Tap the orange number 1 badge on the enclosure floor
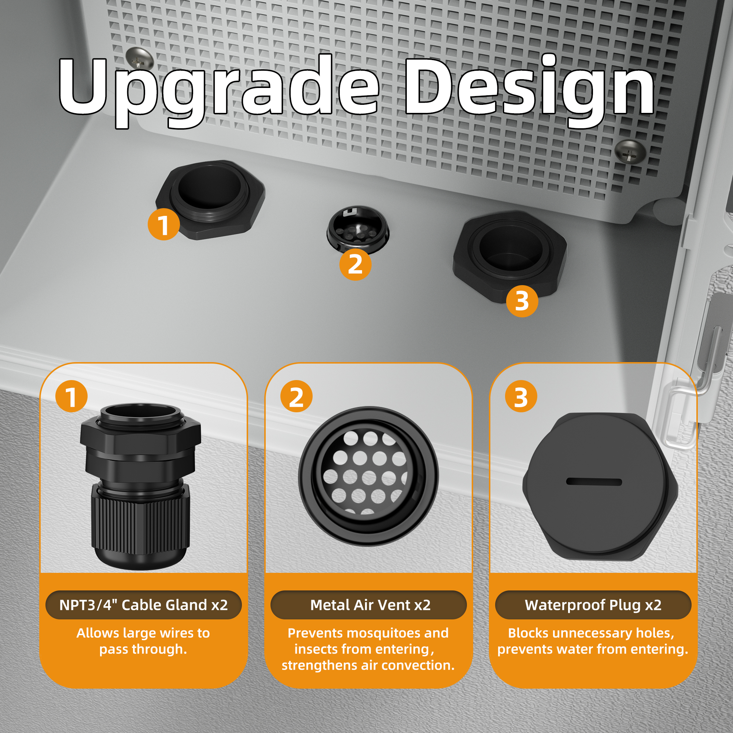tap(163, 224)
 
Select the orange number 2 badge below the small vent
tap(355, 265)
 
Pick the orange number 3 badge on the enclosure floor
tap(522, 301)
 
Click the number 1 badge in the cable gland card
tap(71, 397)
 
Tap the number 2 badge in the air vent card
tap(296, 397)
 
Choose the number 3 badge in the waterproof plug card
tap(521, 397)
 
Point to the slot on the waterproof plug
tap(594, 482)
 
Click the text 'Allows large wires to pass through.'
tap(143, 641)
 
